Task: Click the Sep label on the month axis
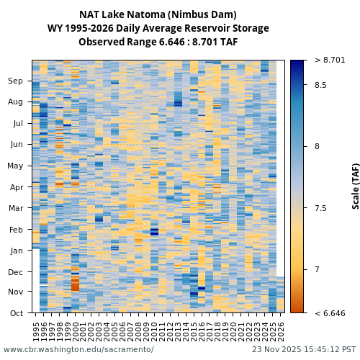[x=15, y=81]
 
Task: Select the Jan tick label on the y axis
[x=15, y=251]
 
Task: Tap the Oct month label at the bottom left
[x=15, y=313]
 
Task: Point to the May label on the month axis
[x=15, y=166]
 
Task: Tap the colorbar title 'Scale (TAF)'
[x=356, y=186]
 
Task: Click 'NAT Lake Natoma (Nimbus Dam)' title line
[x=158, y=14]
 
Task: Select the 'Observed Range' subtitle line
[x=158, y=42]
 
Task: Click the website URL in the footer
[x=78, y=349]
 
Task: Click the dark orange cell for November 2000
[x=75, y=286]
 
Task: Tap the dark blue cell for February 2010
[x=154, y=232]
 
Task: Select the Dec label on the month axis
[x=15, y=272]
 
